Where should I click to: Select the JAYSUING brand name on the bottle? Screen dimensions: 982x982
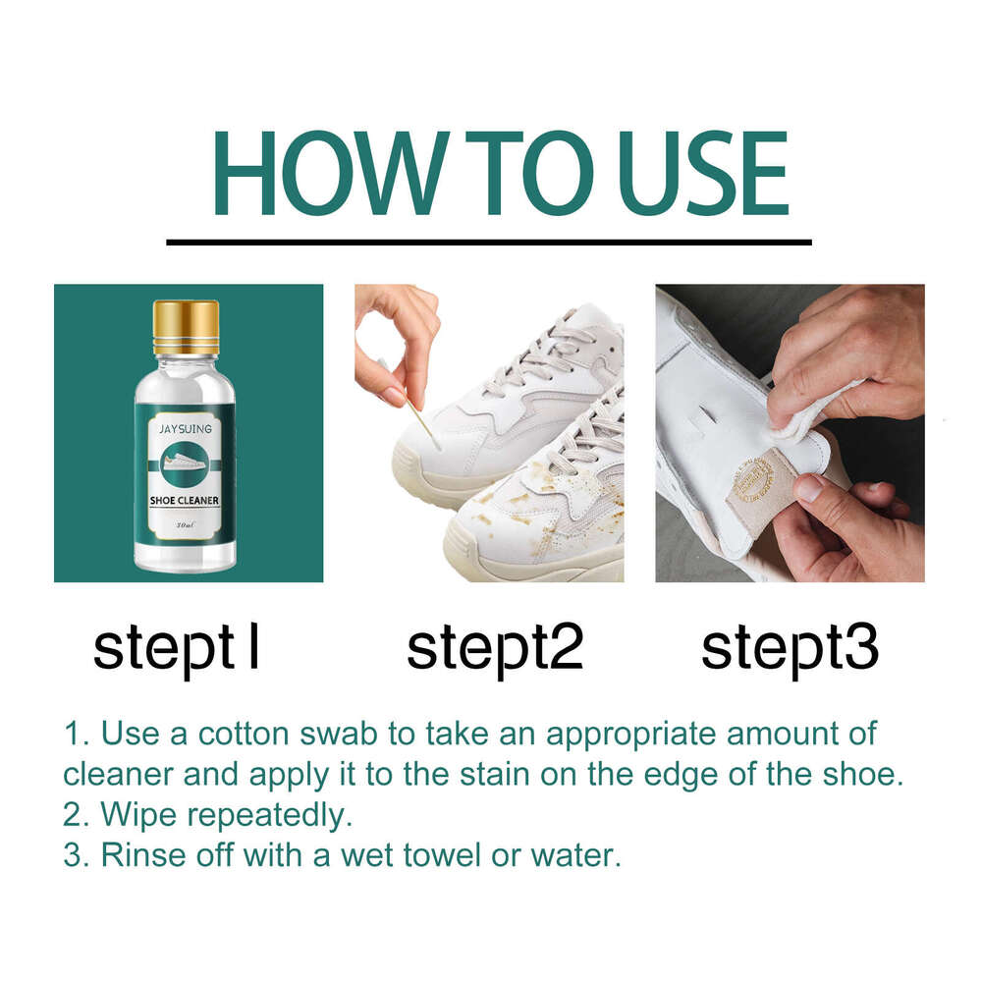point(186,429)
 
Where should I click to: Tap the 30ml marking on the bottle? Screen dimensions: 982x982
point(184,526)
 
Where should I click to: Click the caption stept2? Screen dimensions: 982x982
point(495,648)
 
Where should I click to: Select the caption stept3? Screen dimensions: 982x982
point(790,648)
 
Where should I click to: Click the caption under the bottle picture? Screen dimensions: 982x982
point(177,648)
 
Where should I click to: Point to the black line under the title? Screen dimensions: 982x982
point(488,242)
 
